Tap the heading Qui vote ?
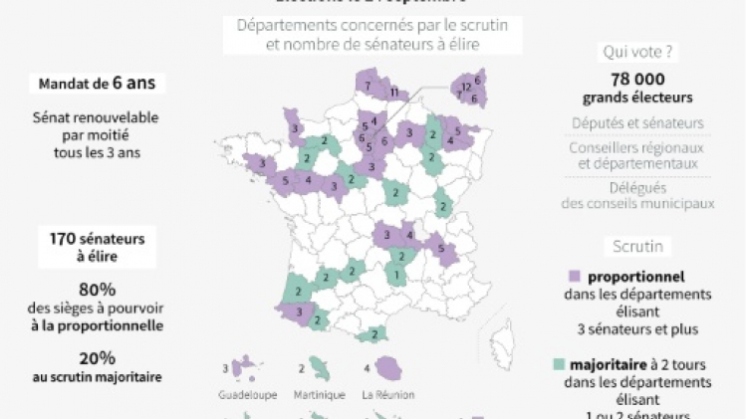(x=637, y=51)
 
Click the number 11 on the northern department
(x=393, y=93)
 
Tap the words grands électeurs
(x=637, y=98)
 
